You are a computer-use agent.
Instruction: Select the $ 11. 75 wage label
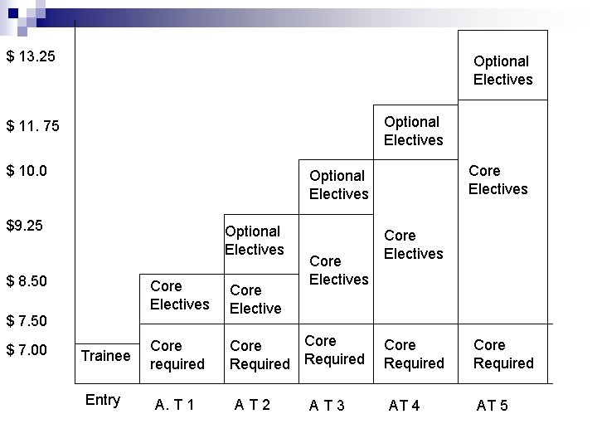point(33,126)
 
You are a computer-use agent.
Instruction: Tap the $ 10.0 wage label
point(27,171)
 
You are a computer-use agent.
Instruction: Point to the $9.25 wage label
point(25,226)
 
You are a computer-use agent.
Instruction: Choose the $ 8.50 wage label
point(27,281)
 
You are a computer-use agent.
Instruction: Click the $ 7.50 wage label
point(27,320)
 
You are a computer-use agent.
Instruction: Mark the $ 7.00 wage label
point(27,350)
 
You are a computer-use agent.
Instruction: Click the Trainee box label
point(105,356)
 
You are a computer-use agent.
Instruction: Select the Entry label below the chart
point(103,400)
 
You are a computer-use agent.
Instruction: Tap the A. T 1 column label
point(174,405)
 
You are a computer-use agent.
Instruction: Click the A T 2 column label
point(252,404)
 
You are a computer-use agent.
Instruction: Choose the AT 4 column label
point(405,405)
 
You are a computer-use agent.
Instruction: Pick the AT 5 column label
point(493,405)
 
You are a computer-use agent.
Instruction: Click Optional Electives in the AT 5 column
point(502,71)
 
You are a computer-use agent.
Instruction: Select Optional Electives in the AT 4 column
point(413,131)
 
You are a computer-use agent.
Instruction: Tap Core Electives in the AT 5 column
point(498,180)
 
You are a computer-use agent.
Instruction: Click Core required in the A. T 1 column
point(177,355)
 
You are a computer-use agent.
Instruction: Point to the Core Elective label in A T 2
point(255,299)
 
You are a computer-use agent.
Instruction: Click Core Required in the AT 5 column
point(503,354)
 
